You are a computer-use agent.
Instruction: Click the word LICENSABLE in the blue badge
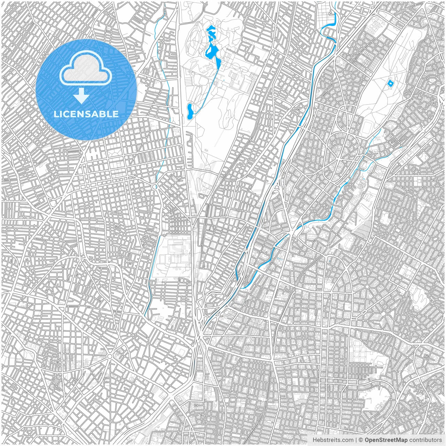point(86,114)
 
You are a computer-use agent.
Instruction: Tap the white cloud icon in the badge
point(86,69)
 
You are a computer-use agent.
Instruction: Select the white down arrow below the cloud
point(82,95)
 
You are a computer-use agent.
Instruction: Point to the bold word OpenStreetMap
point(386,440)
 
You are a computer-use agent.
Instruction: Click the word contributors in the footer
point(425,440)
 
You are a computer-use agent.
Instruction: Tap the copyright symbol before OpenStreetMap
point(361,440)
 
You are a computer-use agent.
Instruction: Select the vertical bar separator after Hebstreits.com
point(356,440)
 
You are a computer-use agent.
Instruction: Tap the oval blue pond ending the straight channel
point(190,111)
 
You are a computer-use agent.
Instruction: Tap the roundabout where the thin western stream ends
point(155,187)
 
